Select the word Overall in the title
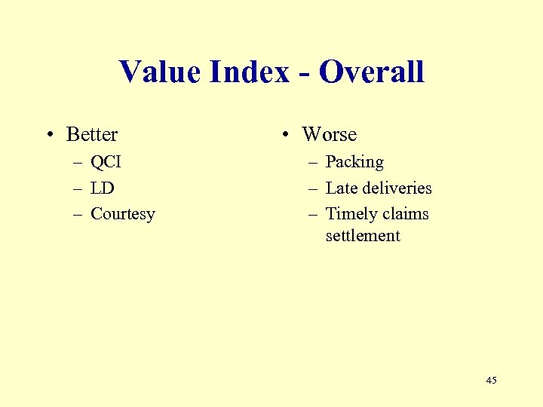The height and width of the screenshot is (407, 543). click(x=371, y=72)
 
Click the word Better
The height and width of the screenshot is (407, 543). click(x=92, y=135)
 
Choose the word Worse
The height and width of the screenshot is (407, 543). click(x=329, y=135)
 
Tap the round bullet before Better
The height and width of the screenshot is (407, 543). click(x=49, y=136)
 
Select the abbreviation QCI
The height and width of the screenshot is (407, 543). click(x=106, y=162)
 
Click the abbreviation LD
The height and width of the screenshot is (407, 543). click(x=102, y=188)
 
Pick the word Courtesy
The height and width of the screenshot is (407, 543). click(x=122, y=214)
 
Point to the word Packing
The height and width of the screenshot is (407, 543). click(x=354, y=162)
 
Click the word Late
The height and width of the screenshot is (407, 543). click(x=340, y=188)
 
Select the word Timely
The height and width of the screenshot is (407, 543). click(x=350, y=214)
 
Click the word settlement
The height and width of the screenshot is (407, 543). click(x=363, y=236)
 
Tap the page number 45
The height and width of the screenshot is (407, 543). click(x=491, y=381)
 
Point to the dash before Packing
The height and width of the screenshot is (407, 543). click(x=312, y=163)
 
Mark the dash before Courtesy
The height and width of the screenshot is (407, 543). click(x=78, y=215)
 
